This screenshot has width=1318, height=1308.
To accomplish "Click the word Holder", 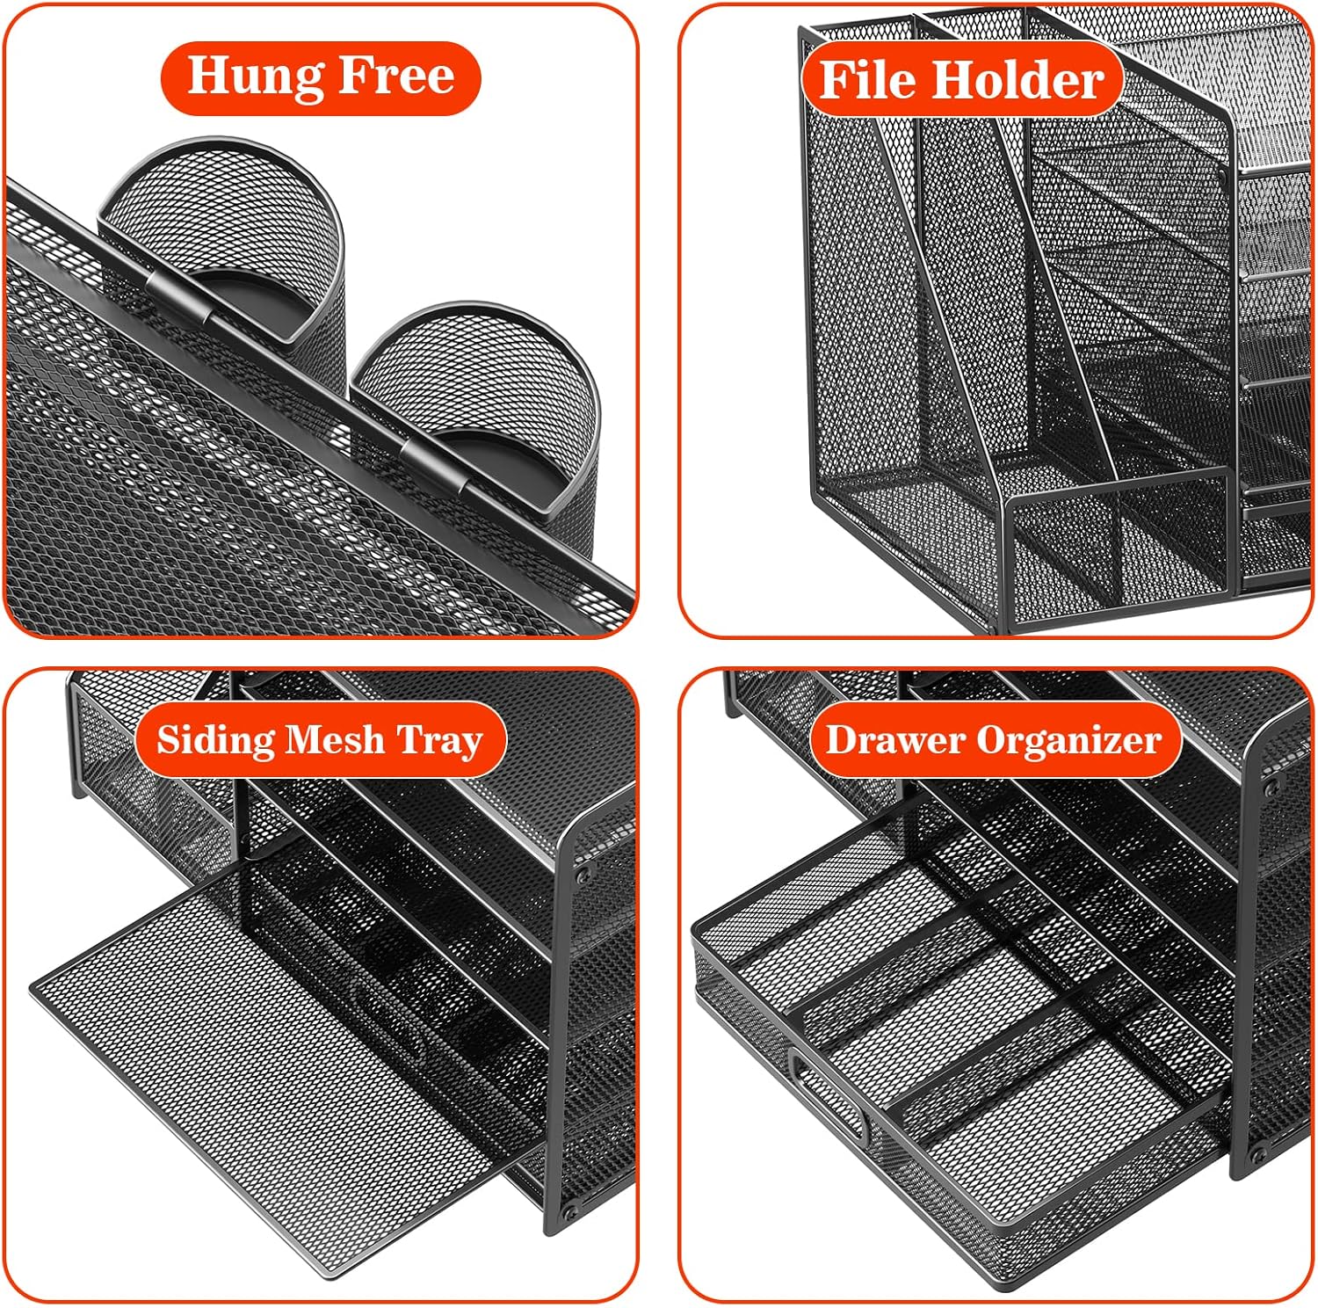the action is point(1017,81).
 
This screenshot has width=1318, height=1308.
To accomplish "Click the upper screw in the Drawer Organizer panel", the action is point(1269,787).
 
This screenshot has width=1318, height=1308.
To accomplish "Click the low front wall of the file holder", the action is point(1120,545).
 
